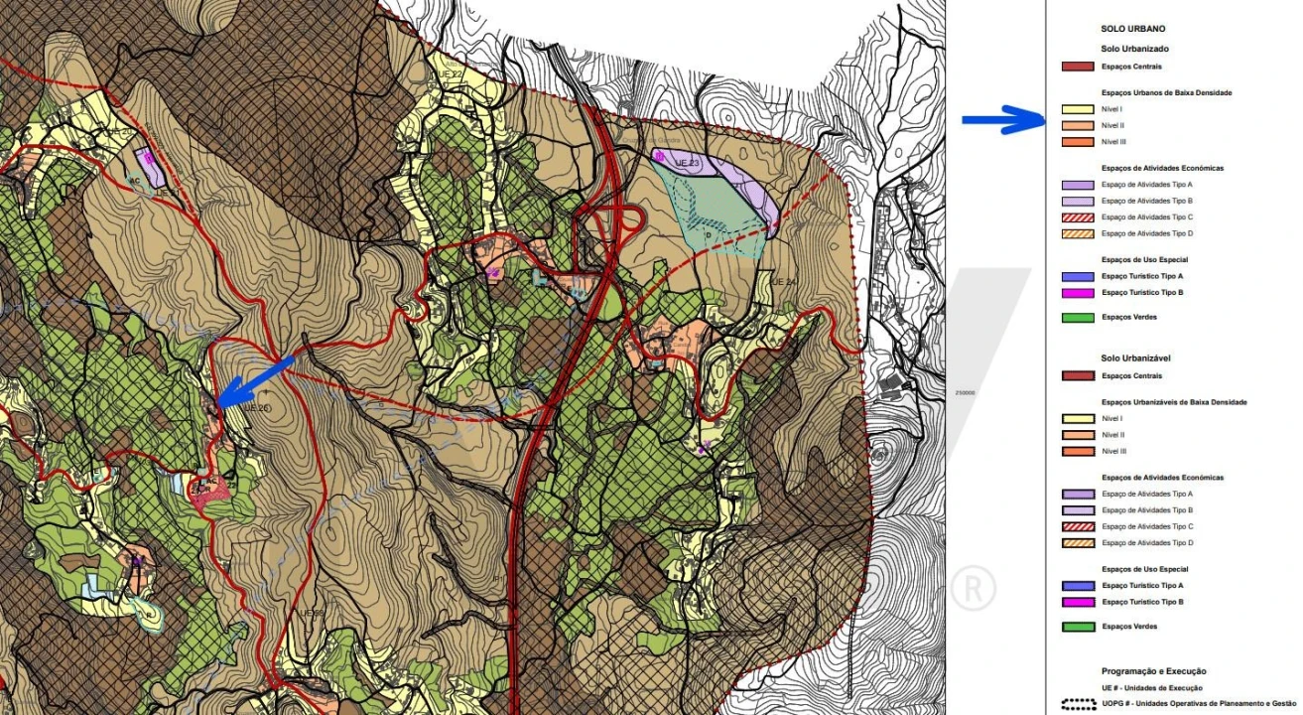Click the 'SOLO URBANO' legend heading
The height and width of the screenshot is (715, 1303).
(x=1132, y=29)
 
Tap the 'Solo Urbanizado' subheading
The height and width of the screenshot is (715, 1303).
(x=1134, y=49)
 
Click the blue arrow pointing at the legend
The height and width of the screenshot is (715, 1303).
(x=1003, y=120)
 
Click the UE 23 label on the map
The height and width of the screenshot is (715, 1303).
(x=688, y=162)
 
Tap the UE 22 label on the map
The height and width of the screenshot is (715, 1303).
(x=449, y=74)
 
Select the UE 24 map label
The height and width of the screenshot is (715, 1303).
(x=783, y=282)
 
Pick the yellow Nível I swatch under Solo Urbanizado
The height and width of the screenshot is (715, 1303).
(x=1078, y=109)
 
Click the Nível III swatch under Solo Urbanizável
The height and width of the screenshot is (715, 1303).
(x=1078, y=451)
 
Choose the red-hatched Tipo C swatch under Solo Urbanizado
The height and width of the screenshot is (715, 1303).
(x=1078, y=217)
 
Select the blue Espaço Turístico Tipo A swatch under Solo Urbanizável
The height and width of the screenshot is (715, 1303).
(x=1078, y=586)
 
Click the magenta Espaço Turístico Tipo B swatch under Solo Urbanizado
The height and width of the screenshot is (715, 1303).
(x=1078, y=293)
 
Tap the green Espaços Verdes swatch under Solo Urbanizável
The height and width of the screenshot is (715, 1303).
(x=1078, y=627)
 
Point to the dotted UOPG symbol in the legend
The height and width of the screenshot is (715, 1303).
(x=1078, y=704)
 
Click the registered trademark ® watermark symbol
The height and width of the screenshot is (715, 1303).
(x=973, y=588)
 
